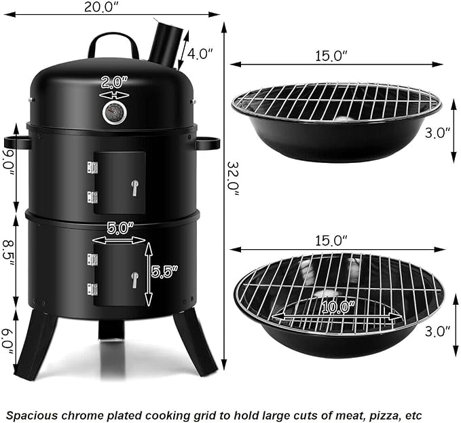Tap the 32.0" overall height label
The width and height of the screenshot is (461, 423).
click(234, 178)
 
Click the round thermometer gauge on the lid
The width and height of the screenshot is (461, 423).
click(115, 113)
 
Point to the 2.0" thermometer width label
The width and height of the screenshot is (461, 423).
click(115, 83)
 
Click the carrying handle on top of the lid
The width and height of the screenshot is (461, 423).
click(113, 45)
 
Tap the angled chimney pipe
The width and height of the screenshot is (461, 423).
click(166, 44)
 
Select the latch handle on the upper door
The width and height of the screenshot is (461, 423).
click(134, 188)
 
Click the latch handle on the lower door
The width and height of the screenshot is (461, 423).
click(134, 280)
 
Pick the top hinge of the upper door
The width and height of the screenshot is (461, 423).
click(92, 167)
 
